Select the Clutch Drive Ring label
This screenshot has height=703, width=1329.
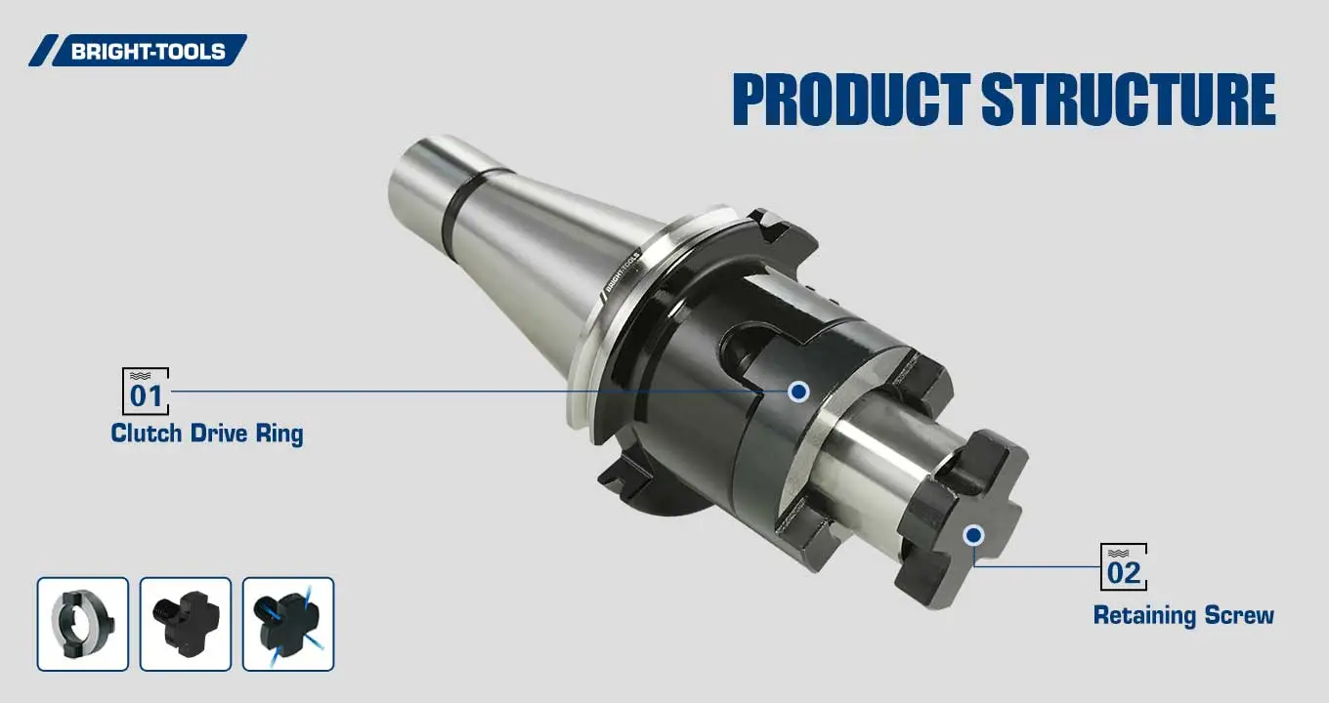pyautogui.click(x=206, y=434)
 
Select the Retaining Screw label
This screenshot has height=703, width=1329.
pyautogui.click(x=1182, y=615)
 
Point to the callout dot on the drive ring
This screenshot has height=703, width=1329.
pyautogui.click(x=798, y=392)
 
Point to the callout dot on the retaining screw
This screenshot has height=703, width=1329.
pyautogui.click(x=972, y=534)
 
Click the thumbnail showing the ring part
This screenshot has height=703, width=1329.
pyautogui.click(x=83, y=624)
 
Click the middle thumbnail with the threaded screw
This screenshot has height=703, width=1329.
pyautogui.click(x=186, y=624)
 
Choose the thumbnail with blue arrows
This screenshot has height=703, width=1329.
pyautogui.click(x=288, y=624)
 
